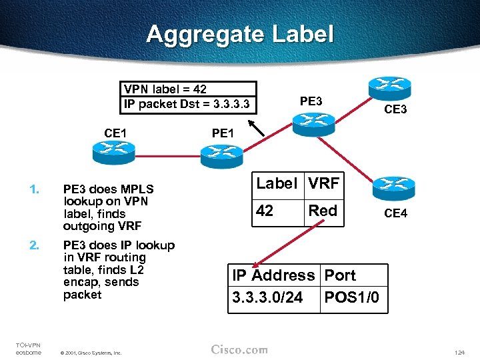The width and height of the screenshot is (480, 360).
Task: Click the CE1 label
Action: point(115,133)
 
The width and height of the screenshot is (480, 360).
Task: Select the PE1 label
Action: point(223,133)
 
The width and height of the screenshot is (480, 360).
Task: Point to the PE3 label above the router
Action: point(311,102)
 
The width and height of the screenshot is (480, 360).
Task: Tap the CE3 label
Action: point(395,109)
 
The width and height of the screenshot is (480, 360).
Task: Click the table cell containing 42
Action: point(265,211)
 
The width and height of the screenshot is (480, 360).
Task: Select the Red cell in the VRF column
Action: point(323,211)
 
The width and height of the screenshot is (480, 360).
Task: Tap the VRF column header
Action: point(323,183)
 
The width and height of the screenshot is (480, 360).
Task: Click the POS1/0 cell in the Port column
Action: point(351,297)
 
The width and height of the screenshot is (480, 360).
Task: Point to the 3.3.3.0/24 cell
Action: point(267,297)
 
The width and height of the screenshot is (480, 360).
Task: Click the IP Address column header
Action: point(273,275)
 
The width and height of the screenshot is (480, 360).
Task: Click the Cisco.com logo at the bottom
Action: point(239,350)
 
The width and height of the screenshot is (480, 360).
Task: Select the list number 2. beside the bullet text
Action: point(34,245)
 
